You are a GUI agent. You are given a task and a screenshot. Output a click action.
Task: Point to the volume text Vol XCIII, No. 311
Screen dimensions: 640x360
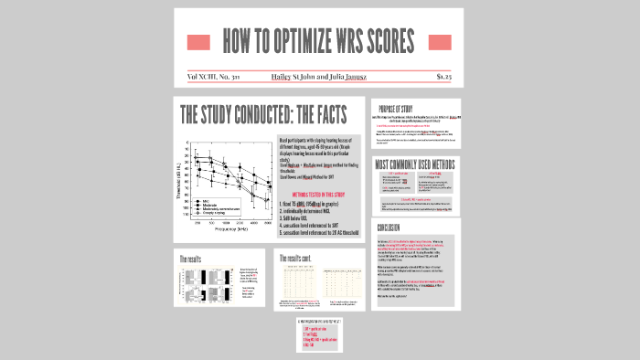211,77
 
